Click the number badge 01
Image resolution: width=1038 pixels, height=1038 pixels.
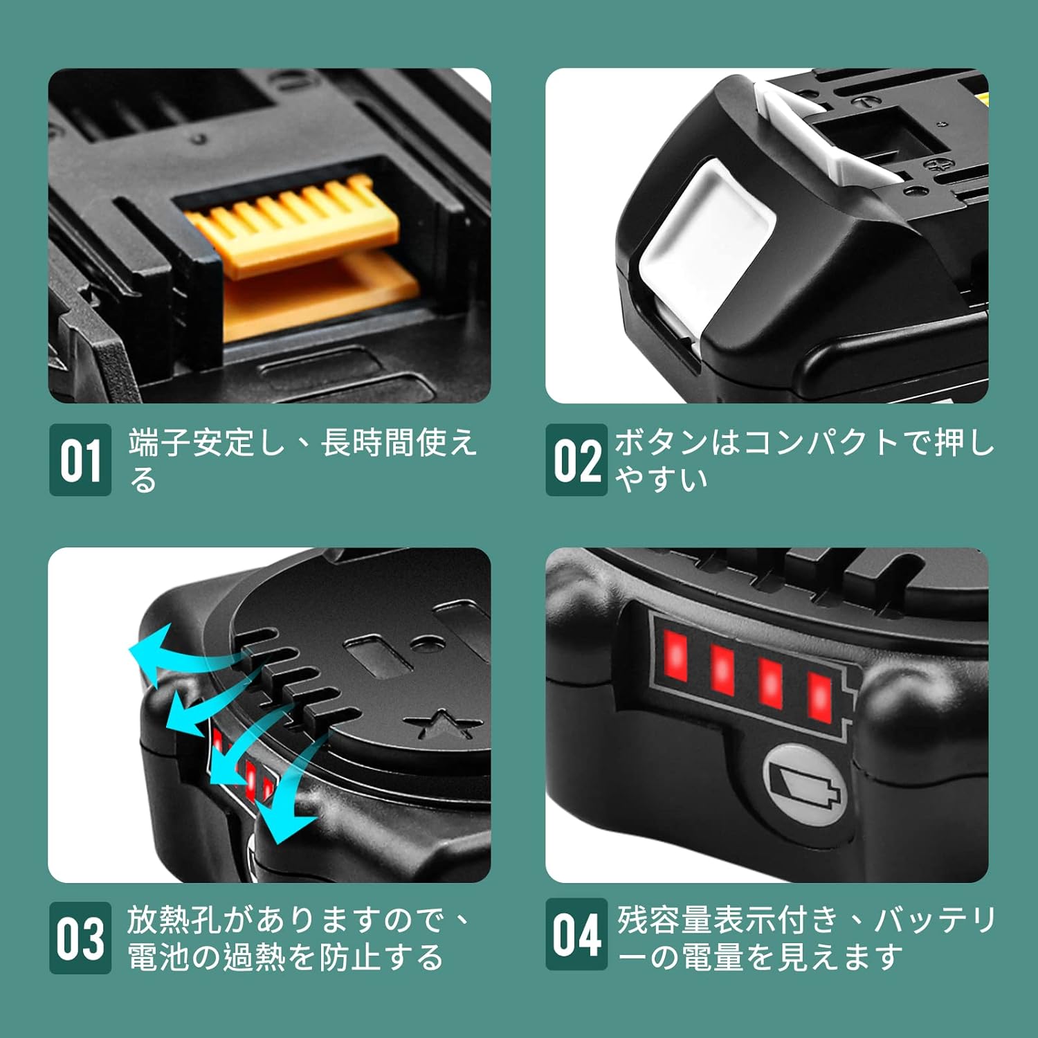[x=80, y=459]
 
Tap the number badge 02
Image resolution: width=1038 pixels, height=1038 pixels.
[x=576, y=459]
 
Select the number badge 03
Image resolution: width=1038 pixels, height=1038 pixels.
[x=80, y=938]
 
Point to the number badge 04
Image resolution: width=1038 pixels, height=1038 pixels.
[x=576, y=934]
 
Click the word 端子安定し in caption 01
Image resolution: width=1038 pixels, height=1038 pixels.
[x=206, y=443]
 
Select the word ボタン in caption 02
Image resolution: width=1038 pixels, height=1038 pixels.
[x=662, y=443]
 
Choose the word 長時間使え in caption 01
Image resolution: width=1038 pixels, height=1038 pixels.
[x=399, y=443]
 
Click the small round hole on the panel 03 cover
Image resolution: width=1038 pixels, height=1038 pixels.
[x=428, y=644]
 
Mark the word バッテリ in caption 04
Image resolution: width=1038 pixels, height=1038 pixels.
[x=935, y=920]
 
